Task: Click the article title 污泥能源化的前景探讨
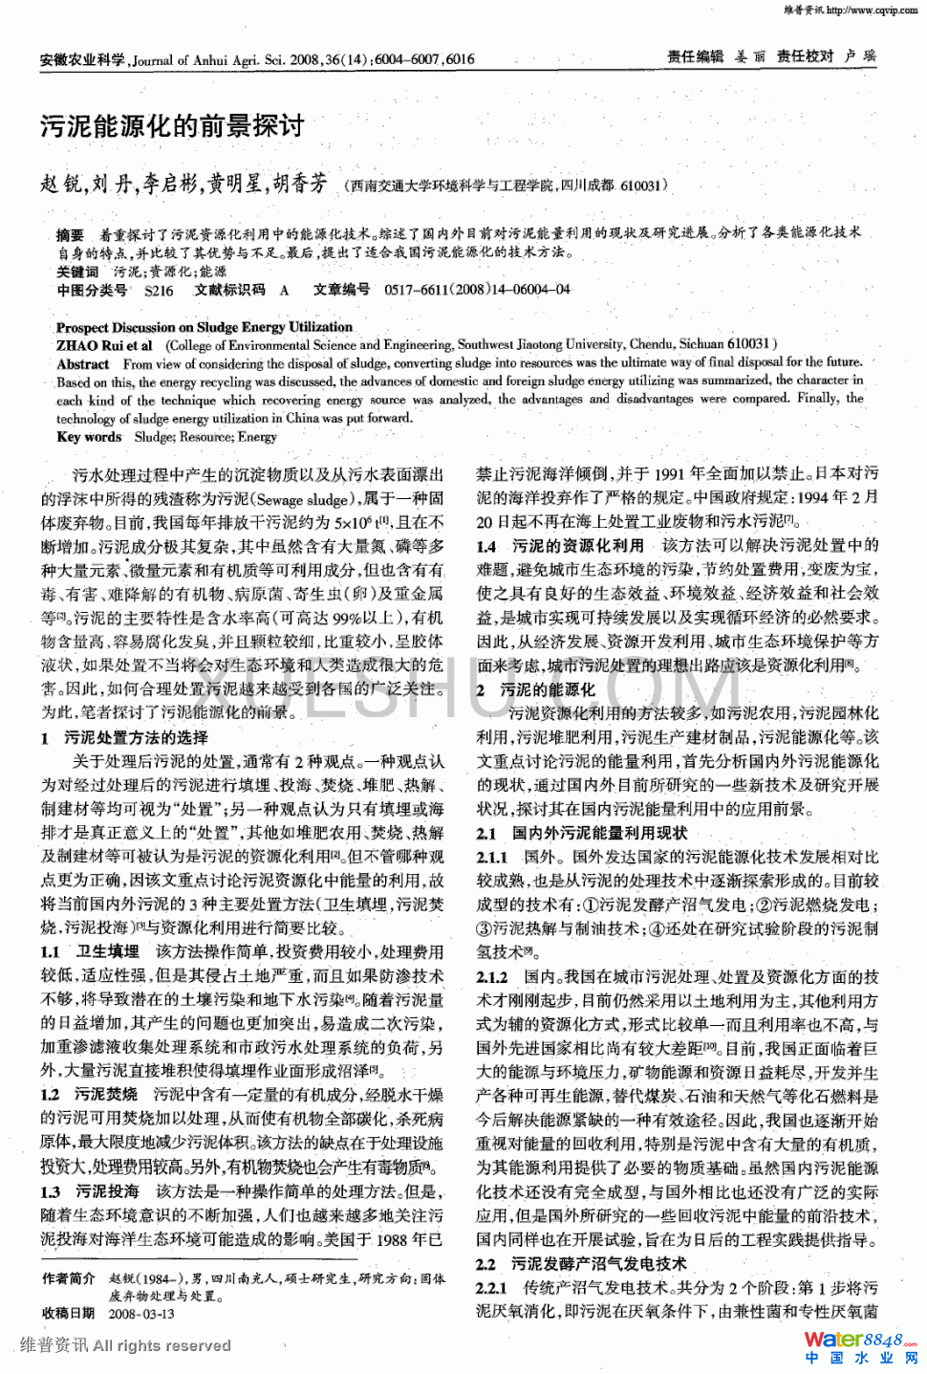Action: [x=172, y=125]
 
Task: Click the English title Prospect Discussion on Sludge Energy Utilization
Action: [x=204, y=327]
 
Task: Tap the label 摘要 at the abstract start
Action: [x=70, y=234]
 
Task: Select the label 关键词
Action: [x=76, y=272]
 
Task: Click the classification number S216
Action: [x=159, y=291]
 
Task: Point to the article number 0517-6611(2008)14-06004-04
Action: [x=477, y=290]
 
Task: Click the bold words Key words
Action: [x=89, y=437]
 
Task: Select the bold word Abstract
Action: [x=83, y=363]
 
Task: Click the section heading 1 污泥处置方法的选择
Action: [x=124, y=738]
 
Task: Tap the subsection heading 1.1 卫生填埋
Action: [x=91, y=951]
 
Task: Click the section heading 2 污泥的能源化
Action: [x=536, y=688]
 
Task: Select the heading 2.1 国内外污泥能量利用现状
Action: [x=582, y=833]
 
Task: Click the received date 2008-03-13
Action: [x=141, y=1313]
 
